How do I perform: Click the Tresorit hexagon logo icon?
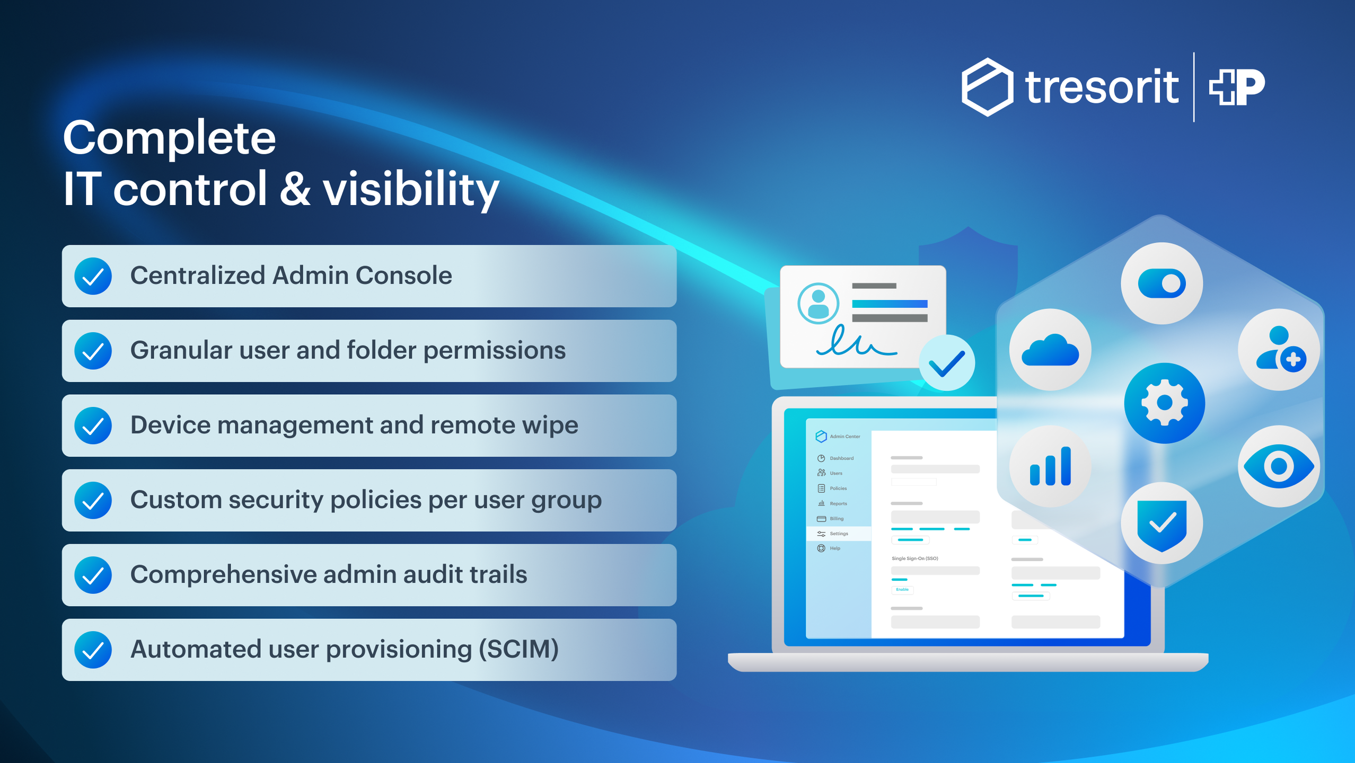[987, 87]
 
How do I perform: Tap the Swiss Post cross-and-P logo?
[1237, 86]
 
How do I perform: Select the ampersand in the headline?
[295, 189]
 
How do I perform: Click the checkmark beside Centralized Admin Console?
[93, 276]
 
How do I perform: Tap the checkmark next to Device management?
[93, 425]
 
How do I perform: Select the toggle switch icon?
[1162, 283]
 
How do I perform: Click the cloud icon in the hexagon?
[1050, 350]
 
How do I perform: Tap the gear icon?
[1164, 403]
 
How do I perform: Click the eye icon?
[1279, 466]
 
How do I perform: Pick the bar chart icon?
[1050, 466]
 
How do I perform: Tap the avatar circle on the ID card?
[818, 304]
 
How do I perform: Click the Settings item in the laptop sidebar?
[838, 534]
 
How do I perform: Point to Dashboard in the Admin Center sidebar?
[841, 458]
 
